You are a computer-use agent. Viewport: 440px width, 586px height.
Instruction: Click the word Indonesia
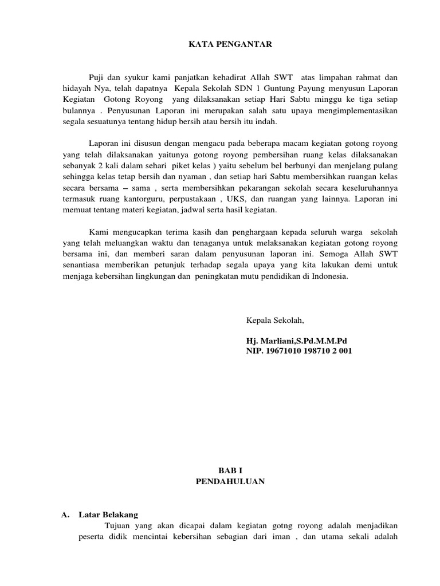pyautogui.click(x=329, y=276)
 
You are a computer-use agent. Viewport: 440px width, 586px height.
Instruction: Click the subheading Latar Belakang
pyautogui.click(x=105, y=514)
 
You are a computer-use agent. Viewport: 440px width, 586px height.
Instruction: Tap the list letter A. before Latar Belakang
pyautogui.click(x=65, y=514)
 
